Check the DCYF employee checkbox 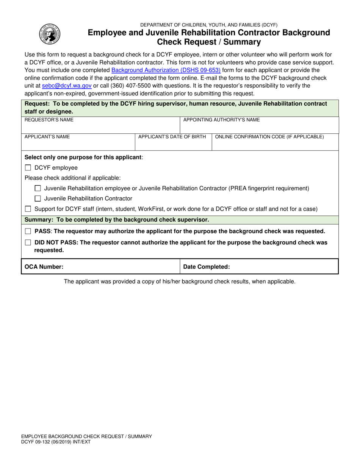pos(28,168)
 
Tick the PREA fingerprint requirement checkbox pos(38,188)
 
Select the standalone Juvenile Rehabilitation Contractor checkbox pos(38,199)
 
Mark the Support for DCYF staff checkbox pos(28,209)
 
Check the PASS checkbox pos(28,231)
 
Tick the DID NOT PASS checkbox pos(28,242)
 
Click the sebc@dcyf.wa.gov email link pos(67,86)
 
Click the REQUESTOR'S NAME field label pos(49,120)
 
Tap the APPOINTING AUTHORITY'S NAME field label pos(221,120)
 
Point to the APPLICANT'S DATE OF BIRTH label pos(172,137)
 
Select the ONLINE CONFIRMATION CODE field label pos(269,137)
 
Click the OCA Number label pos(44,267)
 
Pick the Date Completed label pos(207,267)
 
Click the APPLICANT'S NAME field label pos(47,137)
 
